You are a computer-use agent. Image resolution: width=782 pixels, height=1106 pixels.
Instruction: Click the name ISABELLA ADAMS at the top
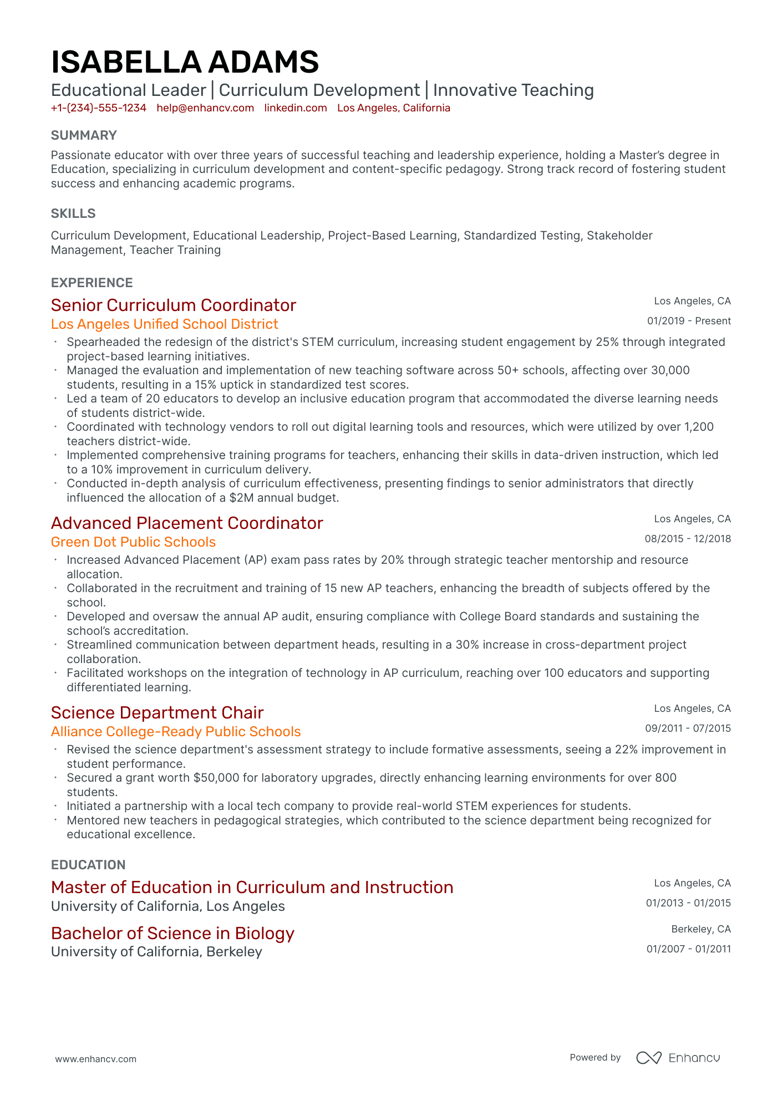(185, 62)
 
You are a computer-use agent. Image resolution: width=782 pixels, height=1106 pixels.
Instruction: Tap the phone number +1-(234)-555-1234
(98, 108)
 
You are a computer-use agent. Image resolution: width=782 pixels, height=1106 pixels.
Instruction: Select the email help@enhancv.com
(205, 108)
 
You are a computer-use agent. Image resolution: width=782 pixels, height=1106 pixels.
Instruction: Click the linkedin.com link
(296, 108)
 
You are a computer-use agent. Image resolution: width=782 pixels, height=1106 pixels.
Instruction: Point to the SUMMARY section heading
(84, 135)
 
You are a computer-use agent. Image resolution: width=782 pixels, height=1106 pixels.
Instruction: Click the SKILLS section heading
(73, 213)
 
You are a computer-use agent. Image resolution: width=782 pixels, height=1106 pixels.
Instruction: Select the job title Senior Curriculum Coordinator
(173, 305)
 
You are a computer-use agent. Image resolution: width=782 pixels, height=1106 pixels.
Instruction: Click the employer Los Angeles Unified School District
(164, 324)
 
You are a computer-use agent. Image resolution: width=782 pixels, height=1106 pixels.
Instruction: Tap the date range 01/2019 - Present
(689, 321)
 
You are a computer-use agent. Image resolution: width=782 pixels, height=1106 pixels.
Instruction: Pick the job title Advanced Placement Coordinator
(187, 523)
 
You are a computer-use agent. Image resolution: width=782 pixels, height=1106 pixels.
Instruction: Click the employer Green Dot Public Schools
(133, 542)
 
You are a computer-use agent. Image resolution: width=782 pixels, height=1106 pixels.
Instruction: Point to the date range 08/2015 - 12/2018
(688, 539)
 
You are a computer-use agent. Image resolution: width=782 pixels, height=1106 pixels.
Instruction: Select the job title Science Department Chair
(157, 712)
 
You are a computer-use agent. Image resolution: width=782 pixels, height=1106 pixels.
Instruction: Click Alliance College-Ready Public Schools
(175, 731)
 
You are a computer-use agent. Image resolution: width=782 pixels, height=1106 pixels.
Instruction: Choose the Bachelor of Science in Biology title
(172, 933)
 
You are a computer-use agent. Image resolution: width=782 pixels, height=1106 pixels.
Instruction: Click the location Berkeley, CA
(701, 929)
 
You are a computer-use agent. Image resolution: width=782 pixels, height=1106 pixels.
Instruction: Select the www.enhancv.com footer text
(95, 1059)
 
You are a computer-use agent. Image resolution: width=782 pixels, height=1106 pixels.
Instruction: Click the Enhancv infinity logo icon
(648, 1058)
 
